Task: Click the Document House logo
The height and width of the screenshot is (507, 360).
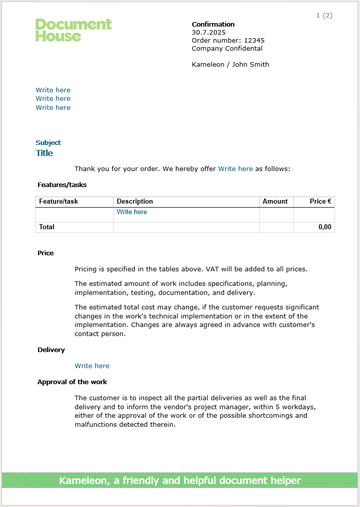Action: tap(73, 30)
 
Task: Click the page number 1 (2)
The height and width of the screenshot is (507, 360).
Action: tap(324, 16)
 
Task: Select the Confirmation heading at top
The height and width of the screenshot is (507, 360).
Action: tap(213, 24)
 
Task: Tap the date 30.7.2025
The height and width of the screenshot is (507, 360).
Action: tap(209, 32)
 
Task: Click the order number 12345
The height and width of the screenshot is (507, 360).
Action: tap(254, 40)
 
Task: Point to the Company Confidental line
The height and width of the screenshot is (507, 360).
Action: tap(227, 48)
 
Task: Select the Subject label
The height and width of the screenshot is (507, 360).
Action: tap(48, 143)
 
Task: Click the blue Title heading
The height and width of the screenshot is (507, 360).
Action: tap(44, 153)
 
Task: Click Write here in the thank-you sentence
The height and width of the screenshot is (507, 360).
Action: tap(235, 169)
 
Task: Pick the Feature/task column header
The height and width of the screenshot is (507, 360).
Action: tap(58, 202)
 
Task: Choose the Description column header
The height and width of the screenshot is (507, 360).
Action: tap(134, 202)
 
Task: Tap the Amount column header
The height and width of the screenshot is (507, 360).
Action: tap(275, 202)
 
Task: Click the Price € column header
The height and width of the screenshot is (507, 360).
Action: tap(320, 202)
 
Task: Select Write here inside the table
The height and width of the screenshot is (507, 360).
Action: tap(132, 212)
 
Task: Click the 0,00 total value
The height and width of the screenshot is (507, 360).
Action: tap(324, 227)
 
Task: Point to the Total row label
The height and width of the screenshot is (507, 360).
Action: tap(47, 227)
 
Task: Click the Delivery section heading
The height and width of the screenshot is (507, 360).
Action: tap(51, 350)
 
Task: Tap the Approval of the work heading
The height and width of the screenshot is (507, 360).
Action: tap(72, 382)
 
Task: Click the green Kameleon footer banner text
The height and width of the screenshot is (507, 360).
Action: tap(180, 480)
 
